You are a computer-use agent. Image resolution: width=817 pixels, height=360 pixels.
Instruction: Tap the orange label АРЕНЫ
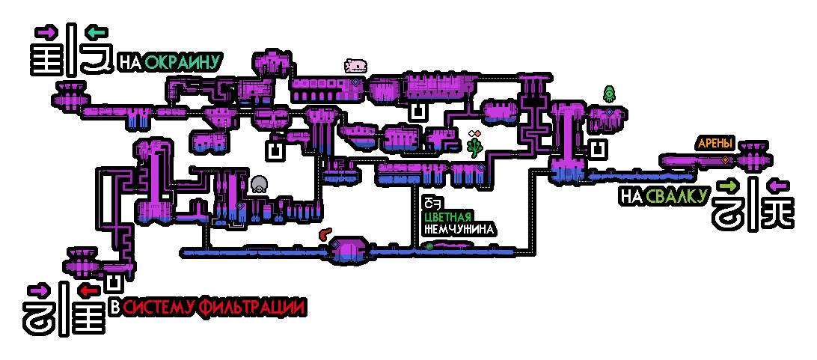point(715,143)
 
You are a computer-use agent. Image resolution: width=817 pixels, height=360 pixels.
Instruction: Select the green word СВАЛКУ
point(677,196)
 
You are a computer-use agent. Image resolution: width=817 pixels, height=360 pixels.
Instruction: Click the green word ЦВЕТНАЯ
point(448,217)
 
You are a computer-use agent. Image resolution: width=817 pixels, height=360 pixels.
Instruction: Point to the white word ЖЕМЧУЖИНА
point(458,230)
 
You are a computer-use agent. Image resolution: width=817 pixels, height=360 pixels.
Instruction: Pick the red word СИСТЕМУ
point(159,307)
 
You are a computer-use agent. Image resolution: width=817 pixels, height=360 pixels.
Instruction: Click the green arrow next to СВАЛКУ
point(727,186)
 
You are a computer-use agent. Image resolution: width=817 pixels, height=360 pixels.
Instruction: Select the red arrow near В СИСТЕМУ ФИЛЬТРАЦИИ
point(89,290)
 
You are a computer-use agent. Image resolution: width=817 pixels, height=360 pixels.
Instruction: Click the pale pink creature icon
point(355,66)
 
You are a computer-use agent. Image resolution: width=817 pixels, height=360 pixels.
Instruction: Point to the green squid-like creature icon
point(608,94)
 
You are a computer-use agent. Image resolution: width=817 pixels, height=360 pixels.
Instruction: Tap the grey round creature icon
point(259,184)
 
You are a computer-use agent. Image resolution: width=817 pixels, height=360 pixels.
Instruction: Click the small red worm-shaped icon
point(325,234)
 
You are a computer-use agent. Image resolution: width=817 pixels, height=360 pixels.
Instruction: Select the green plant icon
point(474,148)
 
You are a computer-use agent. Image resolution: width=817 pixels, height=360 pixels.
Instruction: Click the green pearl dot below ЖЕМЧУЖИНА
point(429,246)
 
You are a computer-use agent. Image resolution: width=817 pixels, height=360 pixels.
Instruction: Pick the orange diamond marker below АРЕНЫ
point(724,160)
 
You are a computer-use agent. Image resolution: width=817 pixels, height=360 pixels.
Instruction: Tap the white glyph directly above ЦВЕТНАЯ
point(429,203)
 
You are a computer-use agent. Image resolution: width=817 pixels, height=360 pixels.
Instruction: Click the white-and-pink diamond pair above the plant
point(473,135)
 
